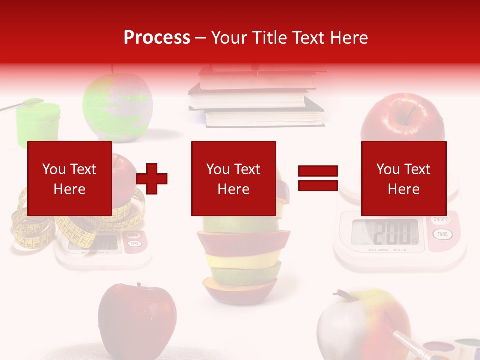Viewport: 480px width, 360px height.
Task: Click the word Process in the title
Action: (x=157, y=38)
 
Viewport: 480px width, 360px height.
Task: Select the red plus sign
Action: (x=152, y=178)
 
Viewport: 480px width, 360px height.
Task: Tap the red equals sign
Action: (x=318, y=178)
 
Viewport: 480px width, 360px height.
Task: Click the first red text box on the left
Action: (x=69, y=178)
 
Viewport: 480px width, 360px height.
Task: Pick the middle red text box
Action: (x=233, y=178)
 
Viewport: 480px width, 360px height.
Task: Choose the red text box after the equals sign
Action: (x=403, y=178)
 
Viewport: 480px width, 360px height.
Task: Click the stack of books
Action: (x=255, y=97)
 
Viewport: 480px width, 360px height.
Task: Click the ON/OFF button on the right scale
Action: (x=440, y=219)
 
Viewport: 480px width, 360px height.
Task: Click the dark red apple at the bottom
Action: (x=137, y=315)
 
